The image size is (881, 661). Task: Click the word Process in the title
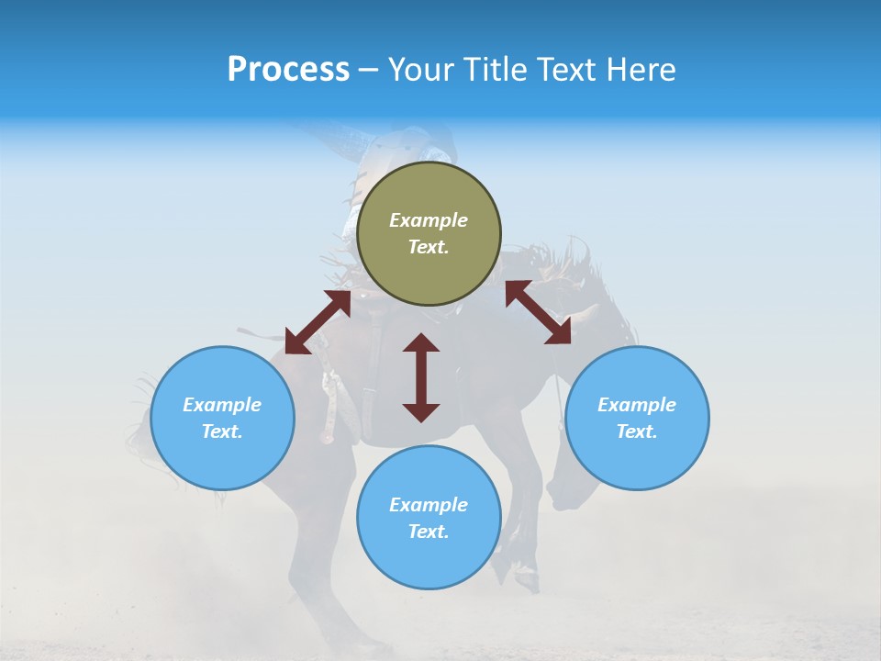coord(288,70)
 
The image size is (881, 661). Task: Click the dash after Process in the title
coord(368,71)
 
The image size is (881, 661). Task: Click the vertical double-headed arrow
coord(421,377)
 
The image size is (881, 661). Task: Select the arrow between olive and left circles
coord(318,322)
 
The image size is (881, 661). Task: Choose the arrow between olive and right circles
coord(538,312)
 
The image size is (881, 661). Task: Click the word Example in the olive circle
coord(429,220)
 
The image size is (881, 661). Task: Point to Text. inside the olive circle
coord(429,247)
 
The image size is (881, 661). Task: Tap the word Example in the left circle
coord(222,405)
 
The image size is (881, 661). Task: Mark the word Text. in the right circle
coord(637,431)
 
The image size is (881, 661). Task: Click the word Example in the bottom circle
coord(429,505)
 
